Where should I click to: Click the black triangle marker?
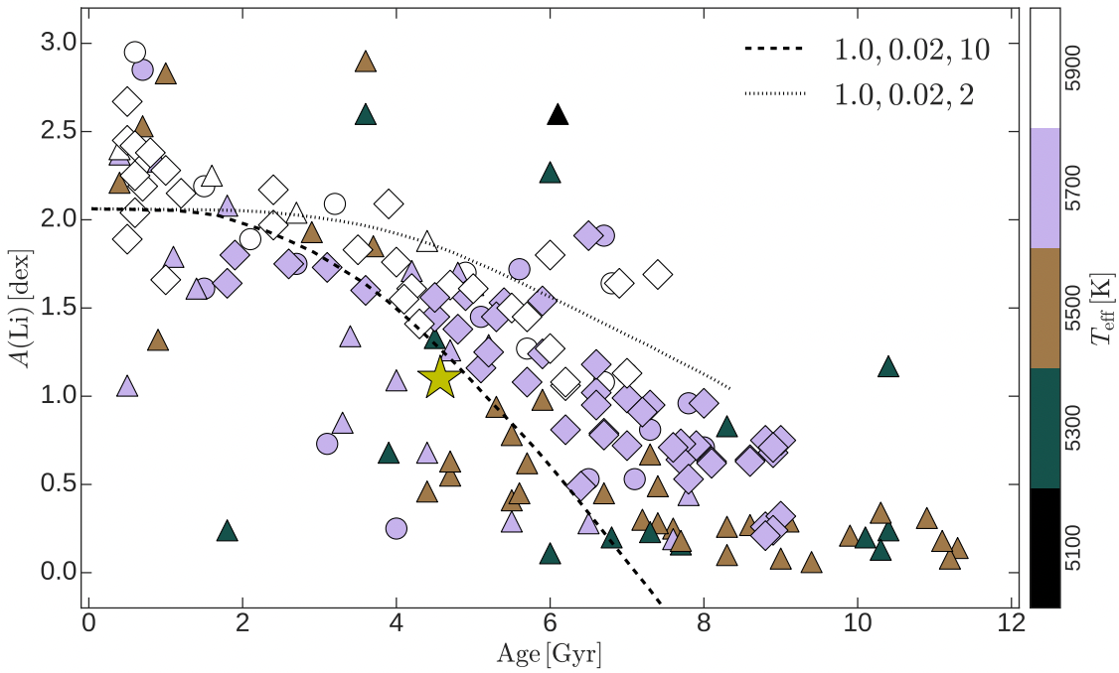tap(559, 115)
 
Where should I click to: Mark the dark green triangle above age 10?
tap(888, 367)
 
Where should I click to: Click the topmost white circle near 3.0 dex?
tap(136, 53)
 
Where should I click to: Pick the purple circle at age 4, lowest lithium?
tap(396, 528)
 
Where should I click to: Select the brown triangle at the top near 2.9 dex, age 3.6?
tap(366, 62)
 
